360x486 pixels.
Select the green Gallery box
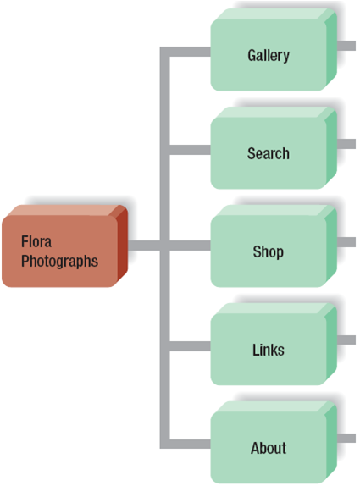(268, 56)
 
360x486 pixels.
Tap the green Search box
(268, 154)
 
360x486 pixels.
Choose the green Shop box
(268, 252)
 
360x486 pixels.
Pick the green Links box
(268, 351)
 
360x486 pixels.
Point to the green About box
(268, 449)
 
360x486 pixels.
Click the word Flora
(36, 242)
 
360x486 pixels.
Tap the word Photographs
(59, 261)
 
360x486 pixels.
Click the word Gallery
(269, 56)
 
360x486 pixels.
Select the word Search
(269, 154)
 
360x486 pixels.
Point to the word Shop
(268, 252)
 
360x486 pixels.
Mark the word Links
(269, 351)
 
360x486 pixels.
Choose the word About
(269, 449)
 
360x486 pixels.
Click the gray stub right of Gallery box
(346, 45)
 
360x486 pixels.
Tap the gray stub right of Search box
(346, 143)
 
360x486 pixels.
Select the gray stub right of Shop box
(346, 241)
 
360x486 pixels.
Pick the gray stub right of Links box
(346, 340)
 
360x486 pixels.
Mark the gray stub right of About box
(346, 438)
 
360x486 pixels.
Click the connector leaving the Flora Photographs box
(144, 246)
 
